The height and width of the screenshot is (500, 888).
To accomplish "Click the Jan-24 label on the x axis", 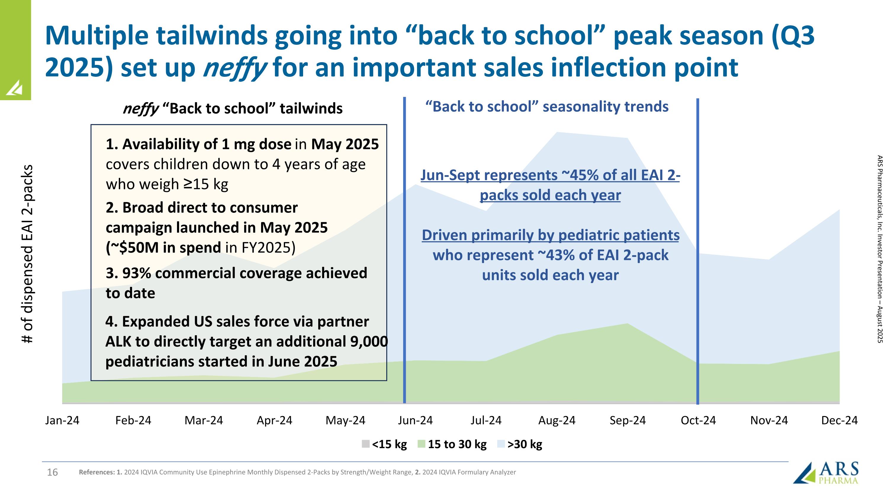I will (62, 420).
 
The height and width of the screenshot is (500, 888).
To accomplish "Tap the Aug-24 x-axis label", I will (557, 420).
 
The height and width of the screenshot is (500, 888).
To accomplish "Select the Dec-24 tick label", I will (839, 420).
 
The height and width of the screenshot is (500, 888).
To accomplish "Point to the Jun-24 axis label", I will (415, 420).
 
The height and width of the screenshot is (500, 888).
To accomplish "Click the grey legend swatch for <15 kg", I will (365, 444).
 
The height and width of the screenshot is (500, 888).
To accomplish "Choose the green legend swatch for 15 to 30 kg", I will (421, 444).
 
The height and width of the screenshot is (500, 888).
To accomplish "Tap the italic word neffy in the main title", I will (234, 68).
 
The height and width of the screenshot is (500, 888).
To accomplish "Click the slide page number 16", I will (52, 472).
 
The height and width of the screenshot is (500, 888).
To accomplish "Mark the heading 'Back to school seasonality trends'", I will (547, 107).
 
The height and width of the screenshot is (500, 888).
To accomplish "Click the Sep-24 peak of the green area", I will (627, 324).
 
